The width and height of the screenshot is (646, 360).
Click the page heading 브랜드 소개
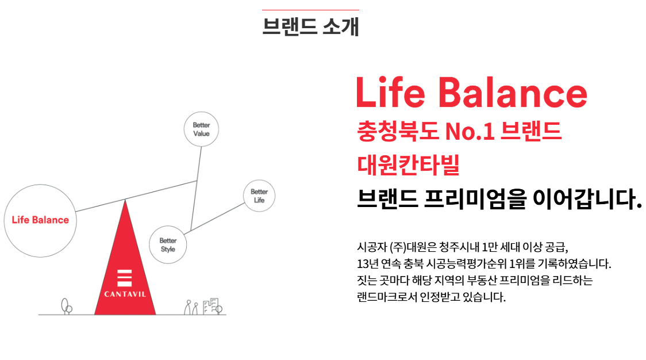310,26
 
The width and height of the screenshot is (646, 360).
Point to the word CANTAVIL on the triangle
125,294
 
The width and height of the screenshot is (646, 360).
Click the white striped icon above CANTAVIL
124,278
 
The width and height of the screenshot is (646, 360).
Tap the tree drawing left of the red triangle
66,307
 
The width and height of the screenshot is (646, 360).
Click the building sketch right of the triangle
213,307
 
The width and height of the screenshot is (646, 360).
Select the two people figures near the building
191,308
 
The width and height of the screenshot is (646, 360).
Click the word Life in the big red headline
391,93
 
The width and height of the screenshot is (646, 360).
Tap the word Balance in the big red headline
513,93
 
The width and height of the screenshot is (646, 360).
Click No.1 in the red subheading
470,132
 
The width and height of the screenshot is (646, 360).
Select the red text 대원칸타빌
408,164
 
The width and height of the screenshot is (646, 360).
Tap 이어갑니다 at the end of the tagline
587,199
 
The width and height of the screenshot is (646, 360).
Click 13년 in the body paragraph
367,263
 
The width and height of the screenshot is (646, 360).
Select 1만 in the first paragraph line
490,247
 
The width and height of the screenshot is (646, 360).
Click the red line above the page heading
310,9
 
